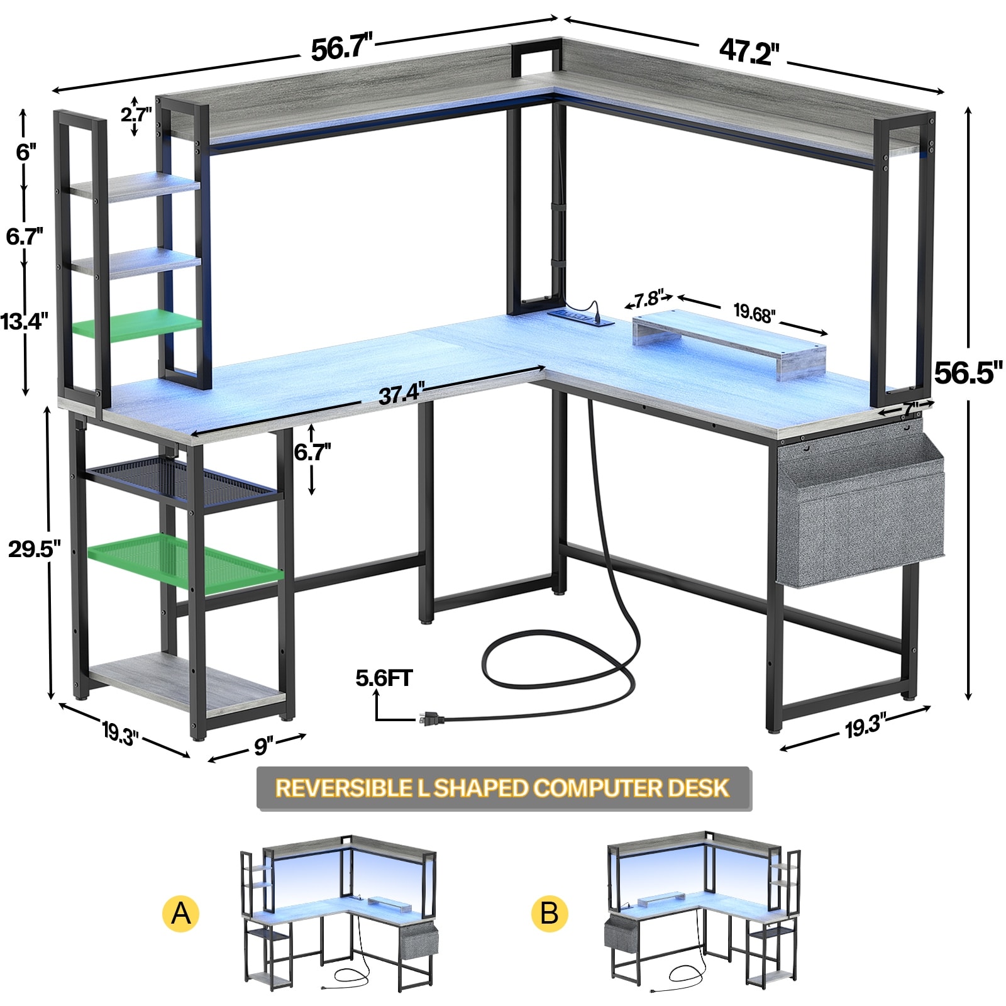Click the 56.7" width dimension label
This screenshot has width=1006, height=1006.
[342, 48]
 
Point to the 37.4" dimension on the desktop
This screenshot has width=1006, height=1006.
[402, 394]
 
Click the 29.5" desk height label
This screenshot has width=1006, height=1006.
[34, 548]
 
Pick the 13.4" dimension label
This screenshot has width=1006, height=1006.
[24, 321]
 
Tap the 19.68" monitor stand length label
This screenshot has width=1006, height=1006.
[754, 312]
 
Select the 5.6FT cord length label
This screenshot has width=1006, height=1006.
[384, 678]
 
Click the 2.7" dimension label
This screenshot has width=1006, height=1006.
[136, 115]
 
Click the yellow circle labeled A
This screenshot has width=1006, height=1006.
[180, 913]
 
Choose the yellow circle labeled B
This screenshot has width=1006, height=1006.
[549, 913]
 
